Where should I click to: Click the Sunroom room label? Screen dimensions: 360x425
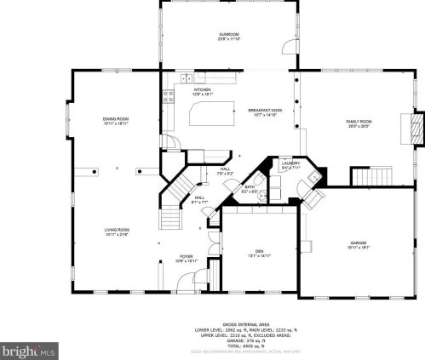pos(229,37)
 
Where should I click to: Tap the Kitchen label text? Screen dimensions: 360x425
pos(202,91)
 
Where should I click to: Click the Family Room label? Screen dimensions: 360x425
pos(358,123)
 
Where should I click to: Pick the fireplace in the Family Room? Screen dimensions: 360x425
pos(415,129)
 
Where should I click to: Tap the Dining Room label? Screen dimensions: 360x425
pos(115,121)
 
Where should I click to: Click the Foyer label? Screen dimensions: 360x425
pos(186,259)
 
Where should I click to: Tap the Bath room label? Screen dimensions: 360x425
pos(250,188)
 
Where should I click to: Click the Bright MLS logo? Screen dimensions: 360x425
pos(29,349)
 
